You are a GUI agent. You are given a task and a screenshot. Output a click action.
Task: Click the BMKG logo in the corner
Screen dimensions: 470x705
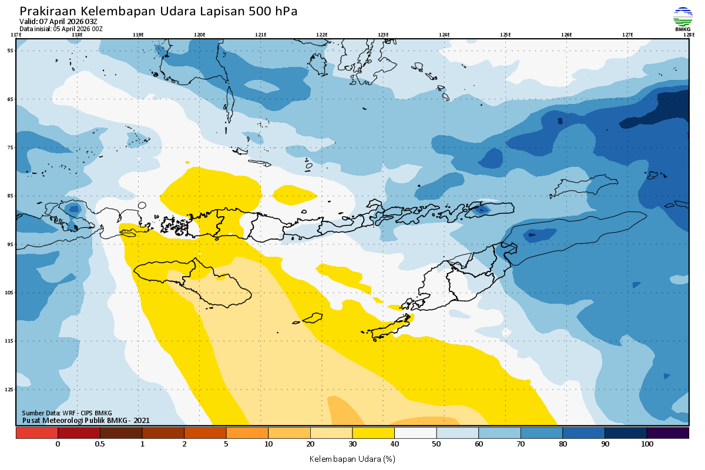click(x=682, y=18)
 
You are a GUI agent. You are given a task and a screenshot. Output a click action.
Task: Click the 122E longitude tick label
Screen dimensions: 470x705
click(x=322, y=35)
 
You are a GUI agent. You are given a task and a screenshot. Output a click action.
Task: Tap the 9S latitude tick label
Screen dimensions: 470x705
click(x=11, y=244)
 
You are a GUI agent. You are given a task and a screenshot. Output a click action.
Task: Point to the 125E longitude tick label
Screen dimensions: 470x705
click(x=505, y=35)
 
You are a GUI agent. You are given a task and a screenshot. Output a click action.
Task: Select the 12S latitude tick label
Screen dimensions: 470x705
click(x=10, y=389)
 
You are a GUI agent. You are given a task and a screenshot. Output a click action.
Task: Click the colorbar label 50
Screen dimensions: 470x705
click(x=437, y=444)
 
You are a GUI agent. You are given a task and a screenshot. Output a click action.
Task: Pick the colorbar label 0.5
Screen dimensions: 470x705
click(x=100, y=444)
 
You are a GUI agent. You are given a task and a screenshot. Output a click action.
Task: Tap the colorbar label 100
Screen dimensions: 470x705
click(x=647, y=444)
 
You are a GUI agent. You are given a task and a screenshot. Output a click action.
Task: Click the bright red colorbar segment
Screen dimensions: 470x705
click(x=36, y=433)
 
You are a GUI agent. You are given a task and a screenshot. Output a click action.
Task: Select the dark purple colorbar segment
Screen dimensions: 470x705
click(x=668, y=433)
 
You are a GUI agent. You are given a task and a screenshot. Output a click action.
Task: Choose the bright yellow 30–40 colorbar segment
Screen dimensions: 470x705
click(x=373, y=433)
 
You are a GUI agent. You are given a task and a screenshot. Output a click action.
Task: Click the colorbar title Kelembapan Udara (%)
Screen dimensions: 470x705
click(x=352, y=458)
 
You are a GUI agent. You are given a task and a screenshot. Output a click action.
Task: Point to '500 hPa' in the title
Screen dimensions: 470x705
click(x=275, y=12)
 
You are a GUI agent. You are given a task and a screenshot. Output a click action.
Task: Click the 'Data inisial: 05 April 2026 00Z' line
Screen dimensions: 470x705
click(x=61, y=28)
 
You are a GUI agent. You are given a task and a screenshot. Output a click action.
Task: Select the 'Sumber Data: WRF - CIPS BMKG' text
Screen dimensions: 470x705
click(x=67, y=413)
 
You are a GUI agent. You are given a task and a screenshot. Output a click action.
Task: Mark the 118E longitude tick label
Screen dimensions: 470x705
click(x=76, y=35)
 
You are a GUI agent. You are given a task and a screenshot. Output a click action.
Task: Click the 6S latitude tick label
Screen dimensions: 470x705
click(x=11, y=99)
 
